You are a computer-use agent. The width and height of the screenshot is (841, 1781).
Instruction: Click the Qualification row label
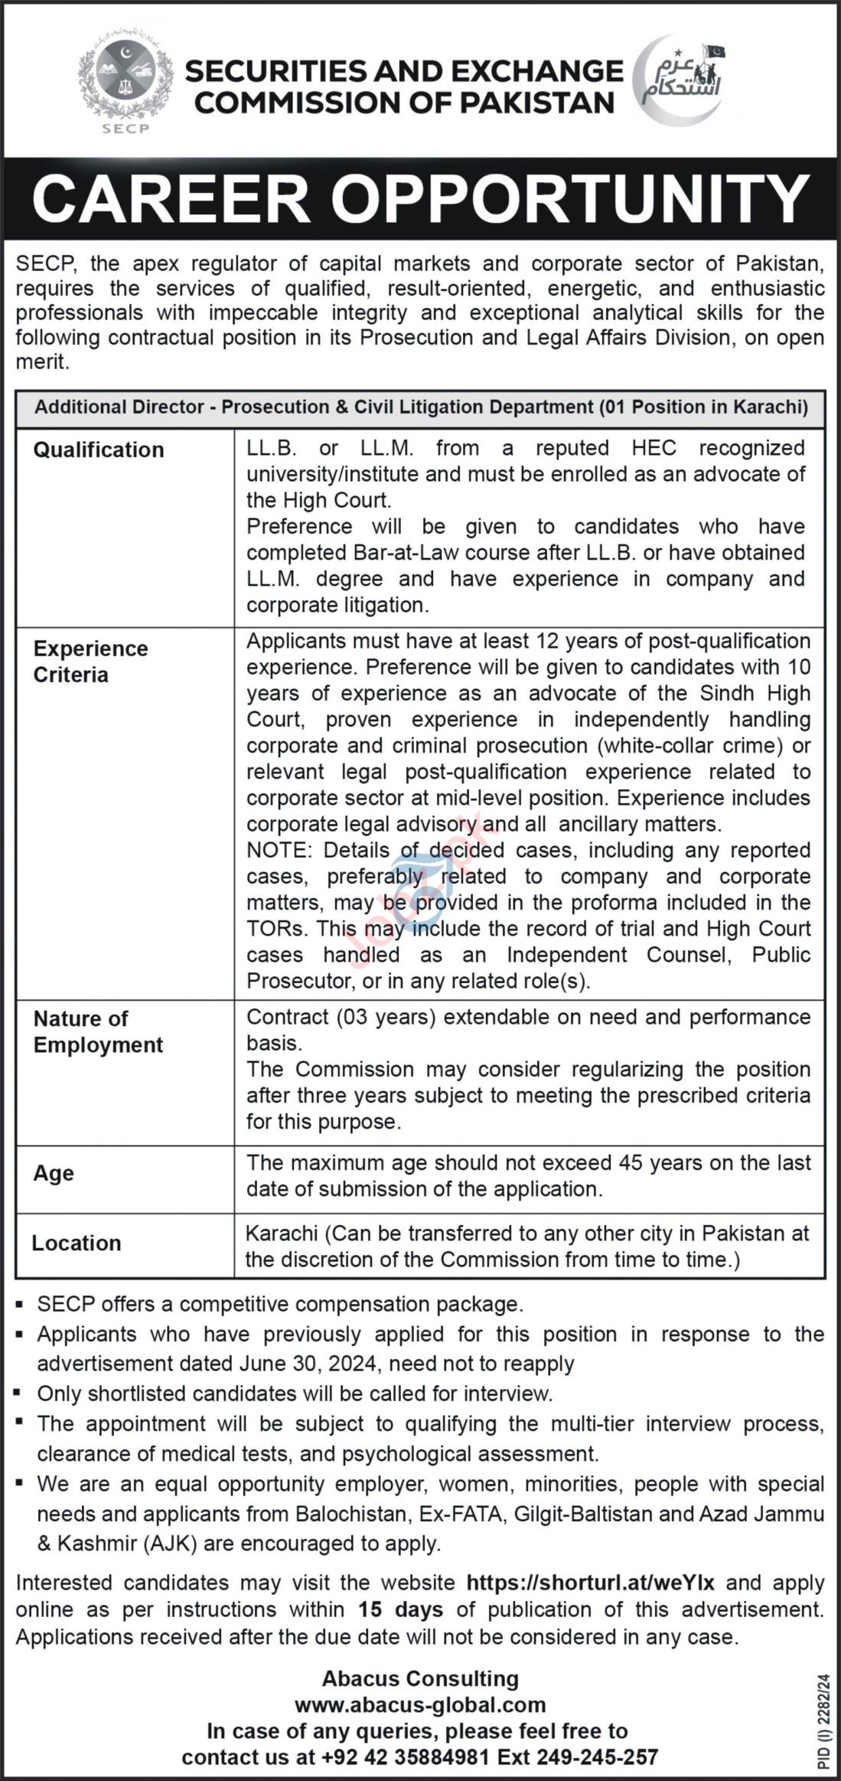99,449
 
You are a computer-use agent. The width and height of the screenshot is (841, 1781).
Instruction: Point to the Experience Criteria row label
90,662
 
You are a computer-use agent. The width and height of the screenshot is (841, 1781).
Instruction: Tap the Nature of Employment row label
98,1031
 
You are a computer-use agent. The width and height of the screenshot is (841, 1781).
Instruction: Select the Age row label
54,1173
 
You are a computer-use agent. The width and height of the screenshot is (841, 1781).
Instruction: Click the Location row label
77,1243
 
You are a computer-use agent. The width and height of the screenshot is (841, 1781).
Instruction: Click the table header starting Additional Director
421,407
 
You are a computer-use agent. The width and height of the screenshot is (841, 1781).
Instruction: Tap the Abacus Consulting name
420,1679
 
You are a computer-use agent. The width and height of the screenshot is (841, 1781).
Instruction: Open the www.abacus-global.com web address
420,1705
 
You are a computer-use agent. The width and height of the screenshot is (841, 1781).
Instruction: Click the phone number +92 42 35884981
399,1757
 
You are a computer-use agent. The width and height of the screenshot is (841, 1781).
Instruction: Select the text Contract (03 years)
341,1017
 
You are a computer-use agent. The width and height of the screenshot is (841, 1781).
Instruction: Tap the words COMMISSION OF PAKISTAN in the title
405,102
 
